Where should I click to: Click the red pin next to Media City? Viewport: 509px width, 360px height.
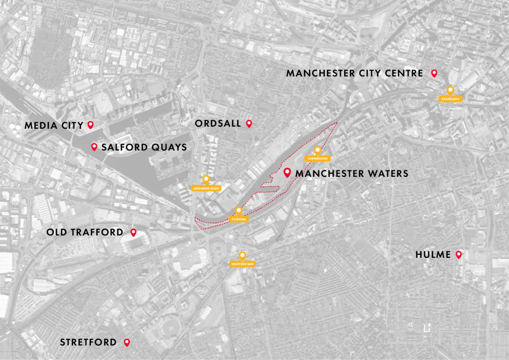click(90, 125)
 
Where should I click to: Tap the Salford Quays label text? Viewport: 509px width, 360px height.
click(144, 147)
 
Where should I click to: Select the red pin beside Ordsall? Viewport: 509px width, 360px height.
click(249, 123)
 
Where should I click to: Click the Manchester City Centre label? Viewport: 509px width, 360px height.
click(354, 73)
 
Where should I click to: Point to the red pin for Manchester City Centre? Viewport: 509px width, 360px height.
click(434, 73)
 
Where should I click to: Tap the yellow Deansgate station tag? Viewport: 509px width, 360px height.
click(450, 98)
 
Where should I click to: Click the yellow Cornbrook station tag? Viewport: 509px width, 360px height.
click(317, 158)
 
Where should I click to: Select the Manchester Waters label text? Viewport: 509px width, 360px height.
click(352, 173)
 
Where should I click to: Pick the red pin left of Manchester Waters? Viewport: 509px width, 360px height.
click(287, 173)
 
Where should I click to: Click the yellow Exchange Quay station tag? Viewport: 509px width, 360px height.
click(206, 188)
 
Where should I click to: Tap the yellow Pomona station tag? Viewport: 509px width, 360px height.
click(238, 219)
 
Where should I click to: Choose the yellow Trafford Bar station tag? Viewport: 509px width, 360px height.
click(242, 264)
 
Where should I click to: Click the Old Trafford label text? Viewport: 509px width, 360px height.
click(85, 232)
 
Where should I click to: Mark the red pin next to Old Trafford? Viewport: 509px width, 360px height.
click(133, 232)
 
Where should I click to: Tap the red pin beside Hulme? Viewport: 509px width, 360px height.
click(459, 254)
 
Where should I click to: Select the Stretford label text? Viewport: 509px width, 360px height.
click(88, 342)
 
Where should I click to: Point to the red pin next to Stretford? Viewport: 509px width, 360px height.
click(126, 342)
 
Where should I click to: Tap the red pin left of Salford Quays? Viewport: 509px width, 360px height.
click(94, 147)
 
